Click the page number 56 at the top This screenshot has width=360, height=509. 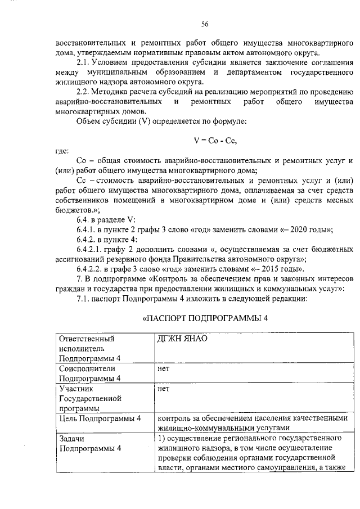tap(205, 24)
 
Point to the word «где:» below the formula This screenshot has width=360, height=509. tap(62, 151)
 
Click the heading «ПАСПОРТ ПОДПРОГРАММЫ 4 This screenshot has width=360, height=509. tap(205, 318)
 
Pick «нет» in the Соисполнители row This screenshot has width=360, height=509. tap(164, 368)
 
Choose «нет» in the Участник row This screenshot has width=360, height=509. tap(164, 388)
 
